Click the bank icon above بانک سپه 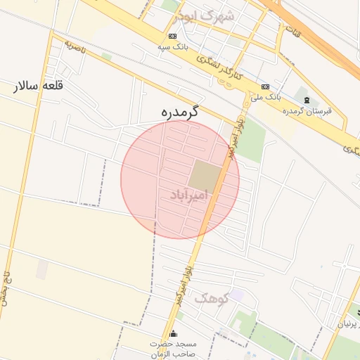click(173, 36)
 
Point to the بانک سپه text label click(173, 47)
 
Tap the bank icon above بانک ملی click(265, 86)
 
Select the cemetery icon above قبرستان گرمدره click(306, 99)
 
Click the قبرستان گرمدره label click(307, 111)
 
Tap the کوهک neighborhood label click(211, 299)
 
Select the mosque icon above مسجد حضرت click(173, 333)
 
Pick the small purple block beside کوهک click(236, 297)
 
